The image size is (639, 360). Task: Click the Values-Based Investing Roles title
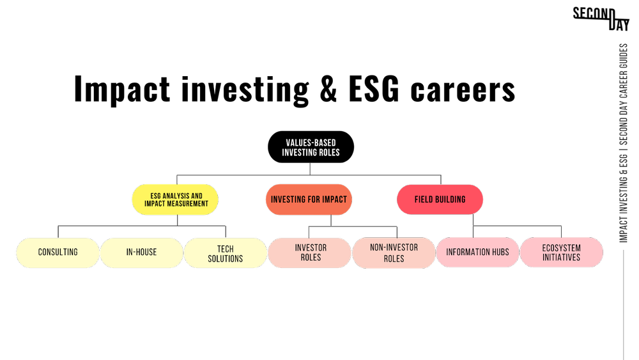coord(311,148)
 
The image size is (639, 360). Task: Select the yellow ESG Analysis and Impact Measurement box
coord(176,200)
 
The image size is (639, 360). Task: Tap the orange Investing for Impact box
coord(309,200)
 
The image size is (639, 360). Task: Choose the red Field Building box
coord(440,200)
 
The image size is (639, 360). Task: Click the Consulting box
coord(58,252)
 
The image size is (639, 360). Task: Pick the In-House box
coord(141,252)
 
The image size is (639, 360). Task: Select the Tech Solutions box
coord(225,253)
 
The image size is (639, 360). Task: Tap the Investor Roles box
coord(311,253)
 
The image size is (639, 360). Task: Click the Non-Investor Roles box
coord(394,253)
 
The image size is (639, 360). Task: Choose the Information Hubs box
coord(477,252)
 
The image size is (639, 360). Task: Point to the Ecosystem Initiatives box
coord(561,253)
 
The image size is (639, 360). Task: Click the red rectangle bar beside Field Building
coord(548,217)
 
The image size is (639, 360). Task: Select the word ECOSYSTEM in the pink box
coord(561,248)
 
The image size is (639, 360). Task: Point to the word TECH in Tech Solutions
coord(225,249)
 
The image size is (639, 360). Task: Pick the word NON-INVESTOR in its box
coord(394,247)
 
